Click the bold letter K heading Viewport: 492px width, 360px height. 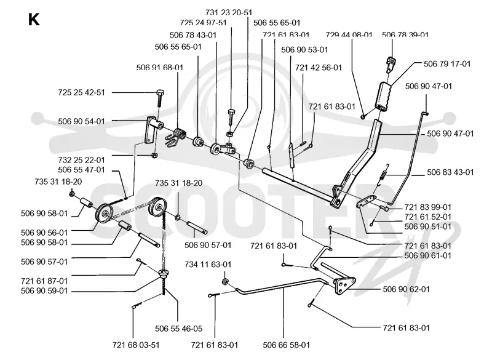34,20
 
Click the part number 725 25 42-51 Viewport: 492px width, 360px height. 82,92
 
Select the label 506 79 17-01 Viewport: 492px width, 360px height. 447,64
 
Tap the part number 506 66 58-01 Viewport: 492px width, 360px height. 287,345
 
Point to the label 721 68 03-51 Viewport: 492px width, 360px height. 136,345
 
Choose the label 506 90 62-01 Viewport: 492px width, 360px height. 406,289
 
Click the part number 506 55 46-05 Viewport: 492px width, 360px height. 179,329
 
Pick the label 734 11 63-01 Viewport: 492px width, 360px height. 208,265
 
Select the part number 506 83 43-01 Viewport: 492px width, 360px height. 450,172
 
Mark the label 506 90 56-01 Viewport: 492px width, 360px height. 44,233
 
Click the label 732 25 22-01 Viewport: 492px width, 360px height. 82,160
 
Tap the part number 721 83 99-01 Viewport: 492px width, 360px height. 427,207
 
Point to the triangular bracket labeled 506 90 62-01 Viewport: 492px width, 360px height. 344,286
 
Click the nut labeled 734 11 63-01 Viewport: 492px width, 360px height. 224,281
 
